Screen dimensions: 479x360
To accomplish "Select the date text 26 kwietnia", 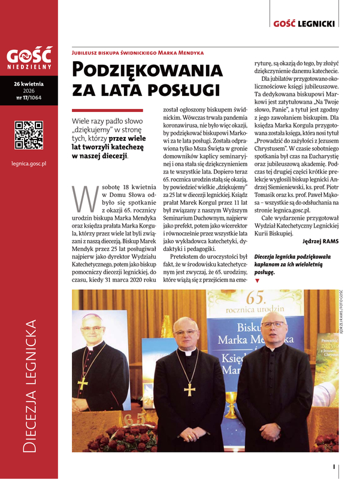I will pyautogui.click(x=29, y=83).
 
